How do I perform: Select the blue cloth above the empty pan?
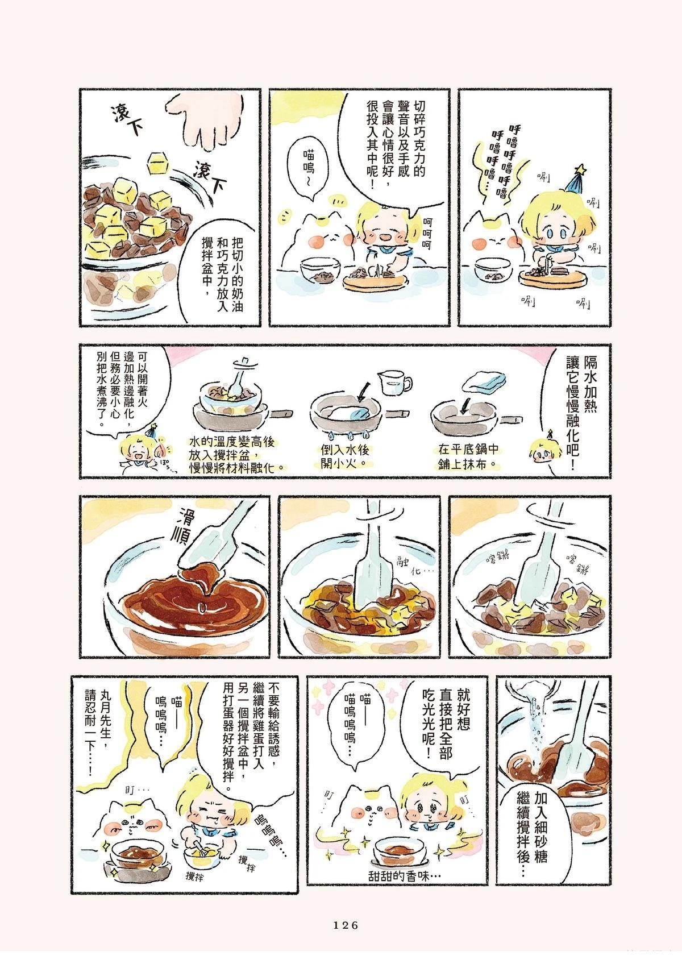pos(485,381)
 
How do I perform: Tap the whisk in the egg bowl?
pos(199,846)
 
